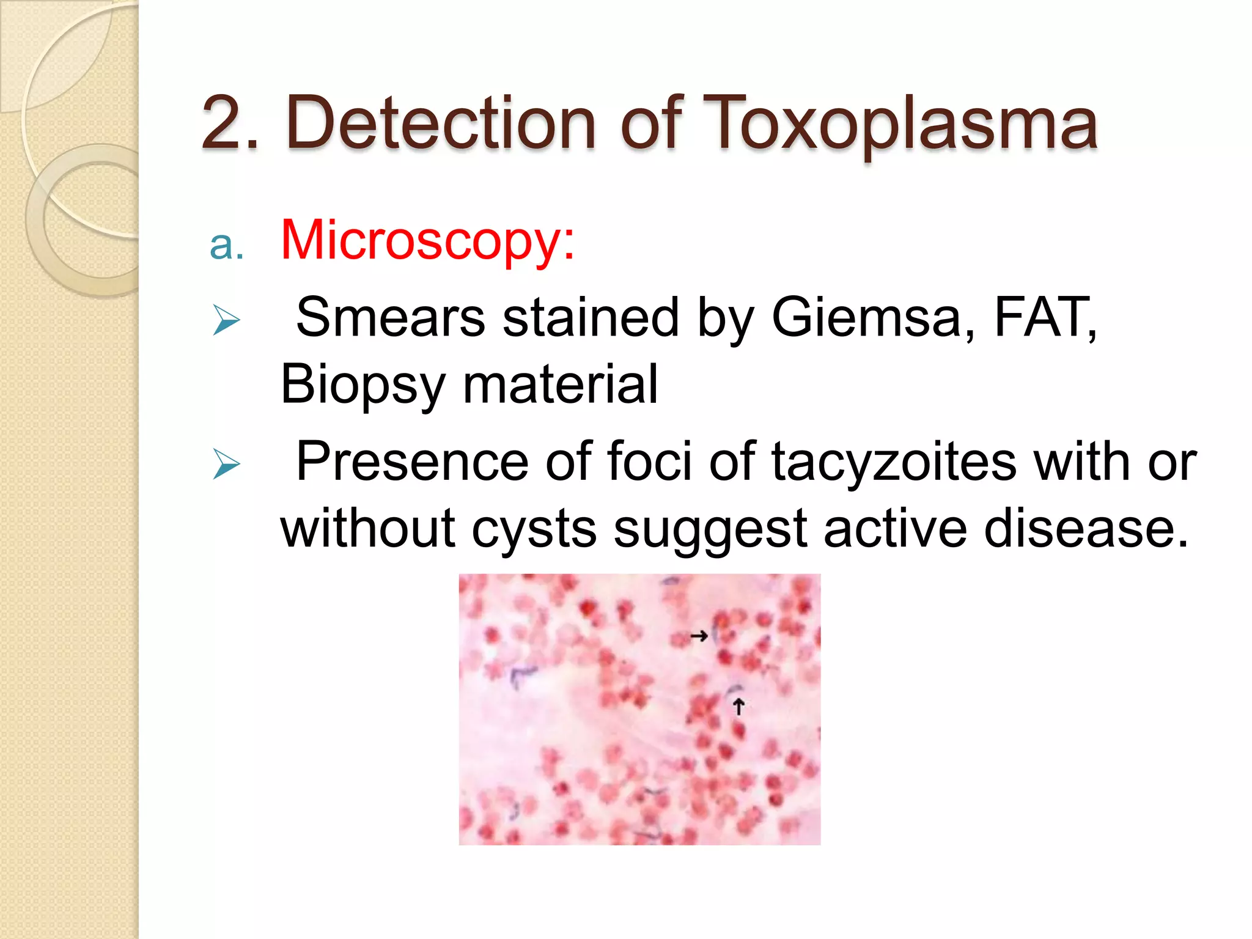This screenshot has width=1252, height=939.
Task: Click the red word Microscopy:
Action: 427,241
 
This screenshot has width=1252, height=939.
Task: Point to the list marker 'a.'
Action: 226,245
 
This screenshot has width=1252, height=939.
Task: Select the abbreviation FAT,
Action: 1045,318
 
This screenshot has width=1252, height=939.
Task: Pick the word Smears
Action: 391,318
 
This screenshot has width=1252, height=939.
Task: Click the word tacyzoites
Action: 894,462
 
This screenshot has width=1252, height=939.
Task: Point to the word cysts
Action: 534,529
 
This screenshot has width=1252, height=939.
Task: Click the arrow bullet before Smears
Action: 226,320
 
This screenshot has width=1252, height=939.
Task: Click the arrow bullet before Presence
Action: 226,464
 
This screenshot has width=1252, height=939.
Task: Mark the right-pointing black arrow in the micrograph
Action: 699,636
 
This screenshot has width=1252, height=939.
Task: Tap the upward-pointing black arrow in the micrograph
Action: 738,707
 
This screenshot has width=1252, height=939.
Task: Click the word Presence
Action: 413,462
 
